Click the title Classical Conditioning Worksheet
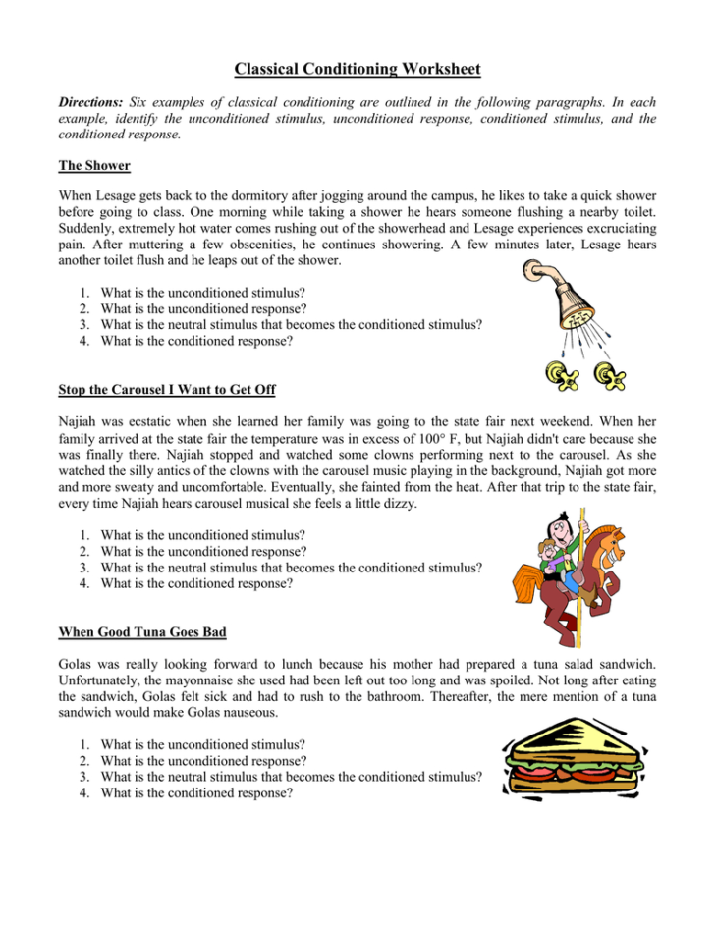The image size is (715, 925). [x=357, y=69]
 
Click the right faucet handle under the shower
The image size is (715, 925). [x=615, y=374]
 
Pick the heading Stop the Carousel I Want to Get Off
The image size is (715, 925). [x=167, y=390]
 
